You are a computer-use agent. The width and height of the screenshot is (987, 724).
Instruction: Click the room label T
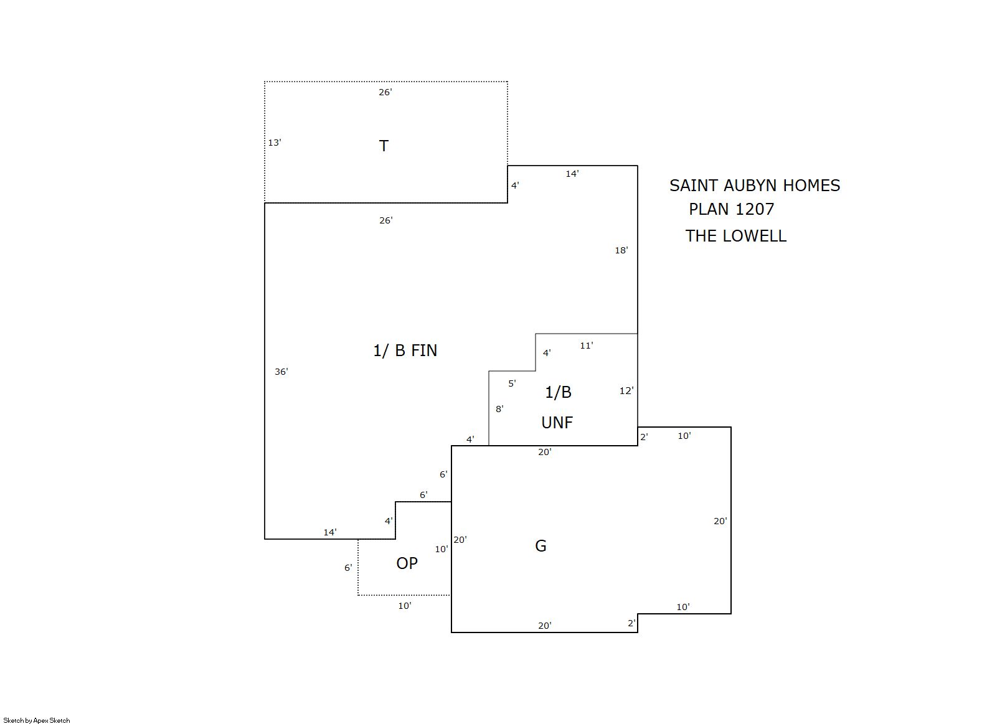coord(384,146)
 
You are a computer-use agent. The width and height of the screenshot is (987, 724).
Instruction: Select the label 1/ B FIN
coord(405,350)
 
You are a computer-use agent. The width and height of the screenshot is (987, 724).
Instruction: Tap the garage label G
coord(541,546)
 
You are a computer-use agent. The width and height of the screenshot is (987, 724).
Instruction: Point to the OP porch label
coord(407,563)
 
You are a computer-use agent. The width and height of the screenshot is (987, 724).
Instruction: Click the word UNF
coord(557,423)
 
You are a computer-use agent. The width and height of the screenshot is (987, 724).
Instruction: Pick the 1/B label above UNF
coord(559,392)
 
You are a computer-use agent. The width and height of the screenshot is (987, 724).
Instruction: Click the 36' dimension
coord(281,372)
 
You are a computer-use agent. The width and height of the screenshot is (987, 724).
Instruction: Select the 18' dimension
coord(621,250)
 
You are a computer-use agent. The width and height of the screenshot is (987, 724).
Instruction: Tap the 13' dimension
coord(275,143)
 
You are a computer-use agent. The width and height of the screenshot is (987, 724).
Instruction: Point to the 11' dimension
coord(587,346)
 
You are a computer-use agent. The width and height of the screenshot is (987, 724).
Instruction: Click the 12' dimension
coord(626,390)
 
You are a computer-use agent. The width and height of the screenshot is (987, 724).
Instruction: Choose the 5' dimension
coord(512,383)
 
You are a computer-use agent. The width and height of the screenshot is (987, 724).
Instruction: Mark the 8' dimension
coord(499,409)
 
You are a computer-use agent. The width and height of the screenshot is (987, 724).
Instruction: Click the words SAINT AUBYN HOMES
coord(755,186)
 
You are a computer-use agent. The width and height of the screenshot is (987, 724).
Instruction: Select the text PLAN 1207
coord(732,209)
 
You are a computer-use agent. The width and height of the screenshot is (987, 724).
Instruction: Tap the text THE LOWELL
coord(736,236)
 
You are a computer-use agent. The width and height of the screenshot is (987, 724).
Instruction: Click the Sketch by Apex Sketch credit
coord(37,720)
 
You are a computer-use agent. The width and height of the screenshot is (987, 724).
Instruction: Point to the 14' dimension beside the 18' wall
coord(572,174)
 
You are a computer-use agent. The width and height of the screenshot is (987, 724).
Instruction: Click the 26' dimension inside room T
coord(385,92)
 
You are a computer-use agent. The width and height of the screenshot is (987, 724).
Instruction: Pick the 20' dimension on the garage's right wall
coord(720,522)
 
